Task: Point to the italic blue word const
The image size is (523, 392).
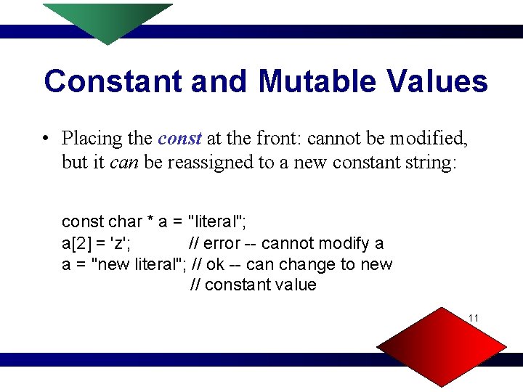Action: (179, 138)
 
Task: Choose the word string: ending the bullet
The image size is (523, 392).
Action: (430, 162)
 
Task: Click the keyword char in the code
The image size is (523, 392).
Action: (126, 221)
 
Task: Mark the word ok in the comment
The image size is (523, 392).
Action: (216, 264)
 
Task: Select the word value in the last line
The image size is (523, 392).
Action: (296, 285)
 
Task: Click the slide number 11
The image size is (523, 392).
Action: (474, 318)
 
